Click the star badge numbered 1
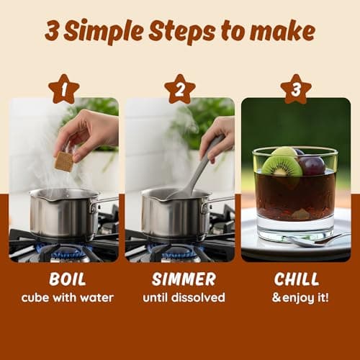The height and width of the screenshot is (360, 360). (64, 89)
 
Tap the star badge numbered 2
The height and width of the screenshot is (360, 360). (180, 89)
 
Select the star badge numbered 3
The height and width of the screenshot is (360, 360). (296, 89)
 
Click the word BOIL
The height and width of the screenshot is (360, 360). (68, 279)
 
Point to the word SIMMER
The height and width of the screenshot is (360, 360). (184, 279)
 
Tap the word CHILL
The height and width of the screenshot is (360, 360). (297, 279)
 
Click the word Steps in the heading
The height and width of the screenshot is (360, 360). (182, 32)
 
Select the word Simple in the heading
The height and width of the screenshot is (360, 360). (104, 32)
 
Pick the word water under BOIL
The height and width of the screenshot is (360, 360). (96, 298)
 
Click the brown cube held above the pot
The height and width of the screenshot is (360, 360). (64, 161)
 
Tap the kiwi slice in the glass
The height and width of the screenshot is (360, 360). (282, 166)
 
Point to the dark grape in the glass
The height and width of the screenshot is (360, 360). (312, 166)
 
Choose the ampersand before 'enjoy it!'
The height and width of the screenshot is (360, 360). (276, 297)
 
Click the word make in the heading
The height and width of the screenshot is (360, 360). (282, 31)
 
